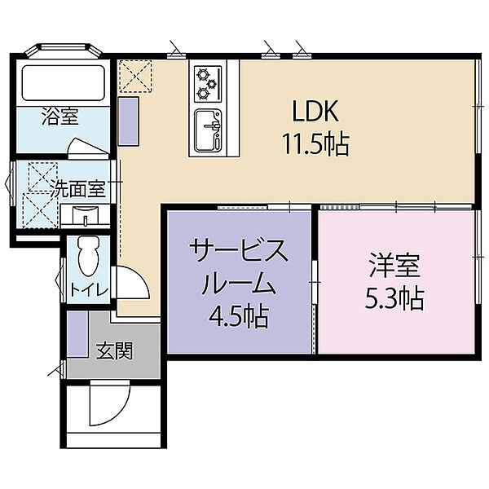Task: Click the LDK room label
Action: pos(315,111)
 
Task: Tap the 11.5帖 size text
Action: pos(315,144)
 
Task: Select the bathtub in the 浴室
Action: pos(64,82)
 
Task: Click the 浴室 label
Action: pos(60,117)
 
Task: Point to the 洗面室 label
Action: pos(78,188)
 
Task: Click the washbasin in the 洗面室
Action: pos(85,215)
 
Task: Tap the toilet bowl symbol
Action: pos(89,255)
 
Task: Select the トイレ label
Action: pos(89,290)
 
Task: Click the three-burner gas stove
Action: pos(208,84)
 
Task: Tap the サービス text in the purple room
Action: pos(239,250)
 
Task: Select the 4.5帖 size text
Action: pos(239,316)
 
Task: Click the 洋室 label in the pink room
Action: pos(394,266)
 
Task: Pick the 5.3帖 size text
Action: pos(394,298)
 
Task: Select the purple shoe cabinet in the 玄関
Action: pos(77,333)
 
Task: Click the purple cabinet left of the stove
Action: pos(129,121)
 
